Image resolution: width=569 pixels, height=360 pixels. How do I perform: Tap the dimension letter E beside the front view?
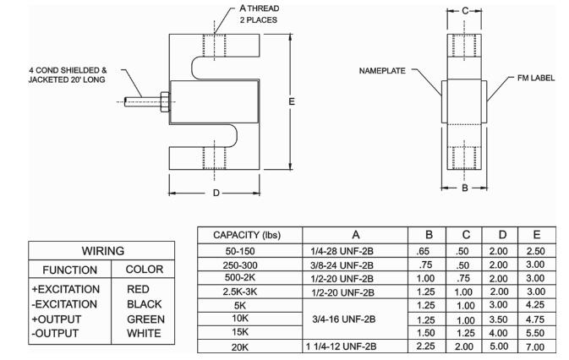pos(292,102)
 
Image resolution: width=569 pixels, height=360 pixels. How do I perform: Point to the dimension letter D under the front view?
pos(216,193)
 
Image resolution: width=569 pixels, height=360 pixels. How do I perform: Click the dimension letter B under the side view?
pos(464,188)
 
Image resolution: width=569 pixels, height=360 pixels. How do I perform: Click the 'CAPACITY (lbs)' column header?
pos(247,235)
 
